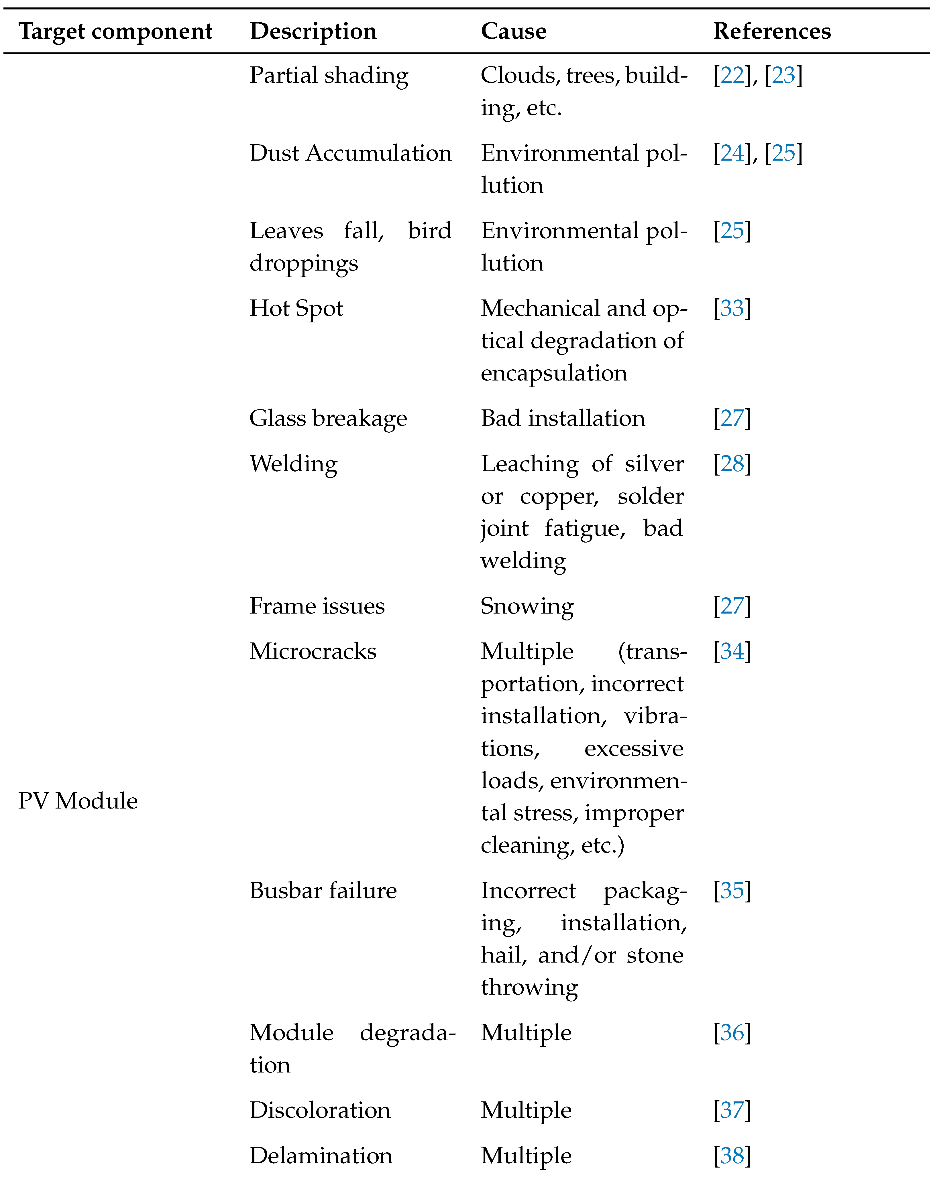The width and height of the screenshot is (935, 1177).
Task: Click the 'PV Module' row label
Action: (78, 801)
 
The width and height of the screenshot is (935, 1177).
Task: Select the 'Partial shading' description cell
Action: (329, 76)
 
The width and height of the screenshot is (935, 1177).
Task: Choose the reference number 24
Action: (732, 153)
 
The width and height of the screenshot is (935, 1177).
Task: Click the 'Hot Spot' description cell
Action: (296, 309)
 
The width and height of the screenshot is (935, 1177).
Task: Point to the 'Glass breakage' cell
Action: (328, 419)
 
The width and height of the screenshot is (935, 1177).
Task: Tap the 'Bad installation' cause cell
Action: (563, 419)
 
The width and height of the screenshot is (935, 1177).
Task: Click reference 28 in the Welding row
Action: (732, 464)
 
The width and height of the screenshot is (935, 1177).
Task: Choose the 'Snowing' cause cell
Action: (527, 606)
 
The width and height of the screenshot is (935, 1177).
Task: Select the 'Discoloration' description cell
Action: (320, 1110)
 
